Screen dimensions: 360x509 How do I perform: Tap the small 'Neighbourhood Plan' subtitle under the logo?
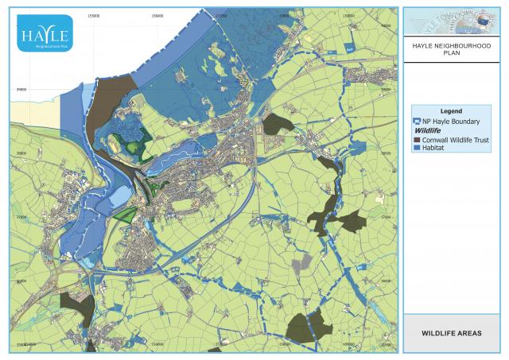(44, 46)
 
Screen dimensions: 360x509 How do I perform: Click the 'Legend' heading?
(451, 111)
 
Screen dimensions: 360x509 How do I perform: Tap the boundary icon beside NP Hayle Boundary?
(418, 121)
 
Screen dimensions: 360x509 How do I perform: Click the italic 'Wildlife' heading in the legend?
(428, 130)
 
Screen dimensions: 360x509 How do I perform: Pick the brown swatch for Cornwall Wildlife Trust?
(418, 139)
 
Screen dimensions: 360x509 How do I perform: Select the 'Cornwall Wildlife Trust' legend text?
(455, 139)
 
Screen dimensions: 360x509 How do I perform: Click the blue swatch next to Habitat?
(418, 148)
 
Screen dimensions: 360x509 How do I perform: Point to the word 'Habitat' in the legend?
(433, 148)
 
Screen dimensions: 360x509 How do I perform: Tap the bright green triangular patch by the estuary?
(122, 213)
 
